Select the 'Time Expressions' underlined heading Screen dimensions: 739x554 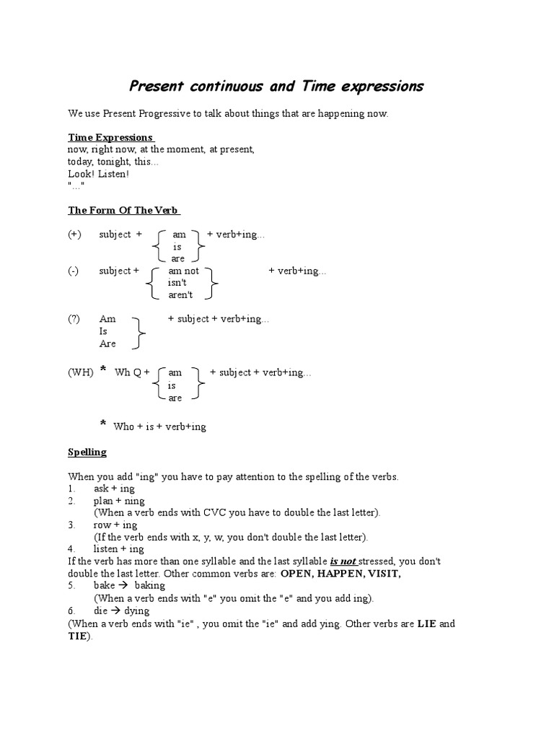[110, 137]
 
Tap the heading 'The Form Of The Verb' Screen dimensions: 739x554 [123, 210]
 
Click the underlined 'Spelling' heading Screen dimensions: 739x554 [87, 452]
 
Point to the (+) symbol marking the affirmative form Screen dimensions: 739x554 [75, 234]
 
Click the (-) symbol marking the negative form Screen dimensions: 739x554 [74, 271]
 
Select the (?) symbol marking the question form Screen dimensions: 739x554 [75, 319]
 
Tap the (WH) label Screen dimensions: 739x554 [81, 372]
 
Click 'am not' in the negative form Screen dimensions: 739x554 [183, 271]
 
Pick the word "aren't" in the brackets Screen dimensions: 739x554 [181, 295]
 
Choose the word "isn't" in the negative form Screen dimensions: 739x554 [177, 283]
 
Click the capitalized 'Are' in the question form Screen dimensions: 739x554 [107, 344]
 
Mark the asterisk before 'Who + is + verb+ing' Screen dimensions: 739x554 [103, 423]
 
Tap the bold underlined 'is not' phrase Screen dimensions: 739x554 [343, 561]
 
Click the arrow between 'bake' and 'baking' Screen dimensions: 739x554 [124, 585]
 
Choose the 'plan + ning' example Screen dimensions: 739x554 [119, 500]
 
